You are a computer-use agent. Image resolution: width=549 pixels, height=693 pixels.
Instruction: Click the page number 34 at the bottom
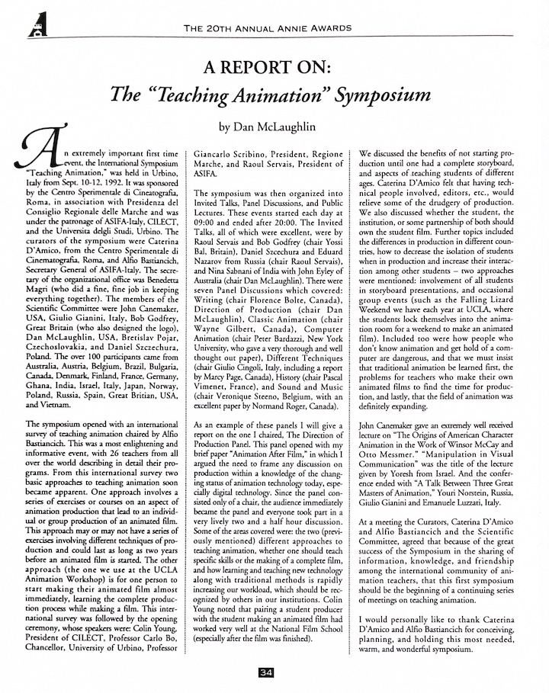266,672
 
